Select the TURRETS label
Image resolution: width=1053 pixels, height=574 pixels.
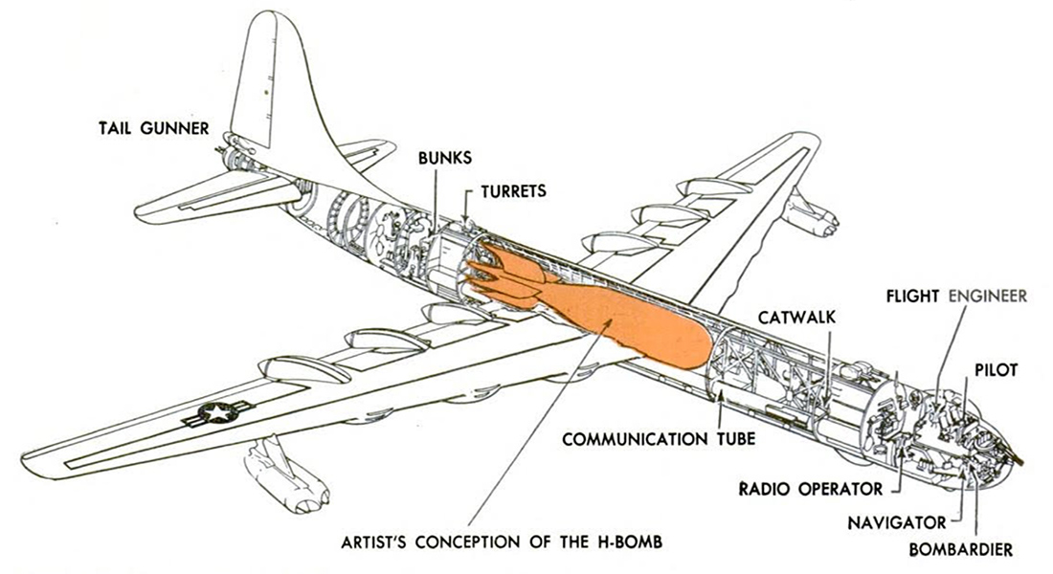tap(515, 190)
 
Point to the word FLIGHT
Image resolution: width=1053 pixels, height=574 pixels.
tap(911, 295)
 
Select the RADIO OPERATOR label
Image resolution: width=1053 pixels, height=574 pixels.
tap(811, 490)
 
